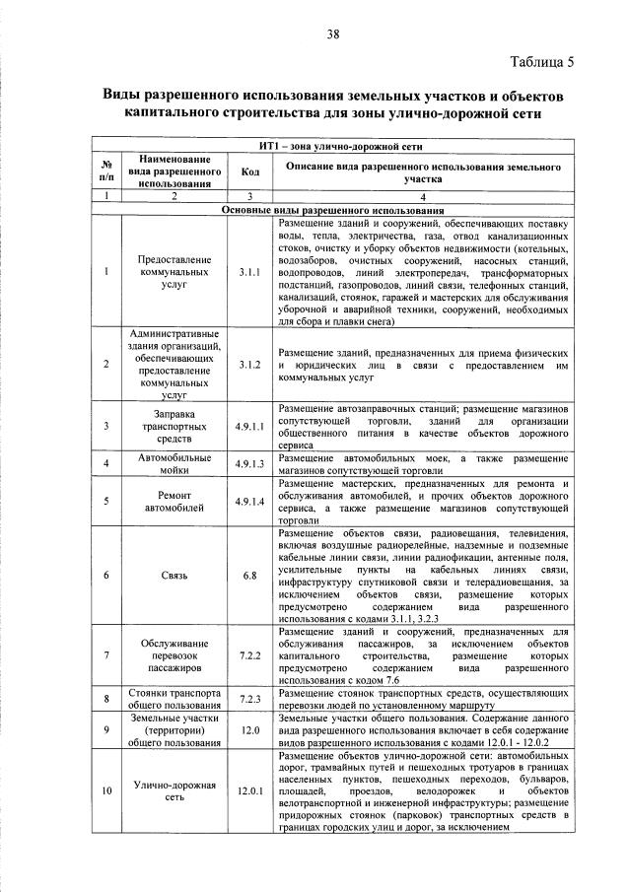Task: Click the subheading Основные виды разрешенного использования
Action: click(x=333, y=210)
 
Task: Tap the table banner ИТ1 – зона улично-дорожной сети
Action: click(x=333, y=146)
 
